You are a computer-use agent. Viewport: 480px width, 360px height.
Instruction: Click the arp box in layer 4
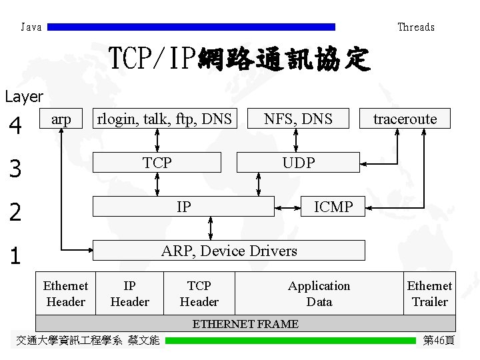coord(61,119)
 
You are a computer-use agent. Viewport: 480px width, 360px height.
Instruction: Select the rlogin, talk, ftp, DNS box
coord(164,119)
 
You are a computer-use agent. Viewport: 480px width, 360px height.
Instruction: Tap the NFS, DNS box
coord(297,119)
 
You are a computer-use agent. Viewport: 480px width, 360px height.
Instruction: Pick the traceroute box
coord(405,119)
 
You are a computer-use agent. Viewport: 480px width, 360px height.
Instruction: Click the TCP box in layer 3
coord(157,162)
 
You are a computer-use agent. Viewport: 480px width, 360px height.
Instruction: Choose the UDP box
coord(298,162)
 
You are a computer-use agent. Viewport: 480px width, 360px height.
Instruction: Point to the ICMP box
coord(333,207)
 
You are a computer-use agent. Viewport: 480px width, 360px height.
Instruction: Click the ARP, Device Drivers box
coord(229,250)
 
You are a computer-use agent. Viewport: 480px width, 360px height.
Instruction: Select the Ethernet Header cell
coord(65,293)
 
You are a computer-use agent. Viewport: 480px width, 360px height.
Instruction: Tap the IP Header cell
coord(129,293)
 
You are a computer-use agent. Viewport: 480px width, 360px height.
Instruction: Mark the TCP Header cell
coord(199,293)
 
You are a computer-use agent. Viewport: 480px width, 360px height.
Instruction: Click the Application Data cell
coord(319,293)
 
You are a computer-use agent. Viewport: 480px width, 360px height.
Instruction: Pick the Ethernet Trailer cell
coord(429,293)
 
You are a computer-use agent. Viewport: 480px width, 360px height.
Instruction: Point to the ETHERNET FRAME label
coord(245,324)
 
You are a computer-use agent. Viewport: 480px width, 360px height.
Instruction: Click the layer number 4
coord(15,125)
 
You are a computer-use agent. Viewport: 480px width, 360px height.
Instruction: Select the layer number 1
coord(15,257)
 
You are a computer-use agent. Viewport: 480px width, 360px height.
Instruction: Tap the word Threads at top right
coord(416,27)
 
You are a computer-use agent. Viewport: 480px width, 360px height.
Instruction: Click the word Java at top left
coord(31,27)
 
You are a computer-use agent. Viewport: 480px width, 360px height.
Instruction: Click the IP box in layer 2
coord(183,207)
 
